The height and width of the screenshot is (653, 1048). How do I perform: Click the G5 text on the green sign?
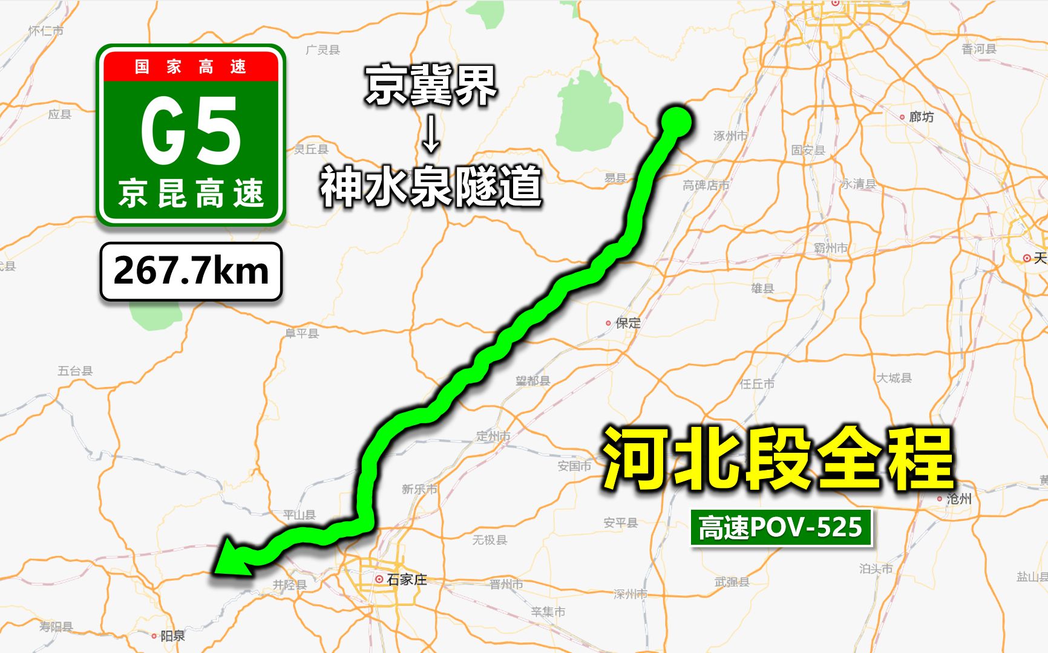tap(191, 131)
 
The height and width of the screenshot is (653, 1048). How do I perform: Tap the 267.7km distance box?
tap(191, 271)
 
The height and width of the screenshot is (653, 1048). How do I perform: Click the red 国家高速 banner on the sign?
tap(191, 66)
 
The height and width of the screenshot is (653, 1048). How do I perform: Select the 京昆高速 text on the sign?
tap(191, 193)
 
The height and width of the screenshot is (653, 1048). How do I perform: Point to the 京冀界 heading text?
tap(431, 86)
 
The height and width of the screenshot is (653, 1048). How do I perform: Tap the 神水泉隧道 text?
tap(431, 186)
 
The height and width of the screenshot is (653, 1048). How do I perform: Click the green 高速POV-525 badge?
tap(781, 527)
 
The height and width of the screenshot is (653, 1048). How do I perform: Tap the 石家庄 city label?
tap(406, 579)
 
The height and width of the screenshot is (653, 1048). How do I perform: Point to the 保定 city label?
tap(627, 323)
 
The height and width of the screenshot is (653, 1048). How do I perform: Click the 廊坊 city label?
tap(920, 117)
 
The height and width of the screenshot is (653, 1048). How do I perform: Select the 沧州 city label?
tap(958, 499)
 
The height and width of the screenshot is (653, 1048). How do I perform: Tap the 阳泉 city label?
tap(172, 635)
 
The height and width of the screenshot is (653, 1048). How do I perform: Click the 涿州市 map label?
tap(730, 135)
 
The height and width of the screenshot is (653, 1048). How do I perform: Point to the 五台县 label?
tap(75, 371)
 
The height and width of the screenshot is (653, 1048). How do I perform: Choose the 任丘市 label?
tap(756, 383)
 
